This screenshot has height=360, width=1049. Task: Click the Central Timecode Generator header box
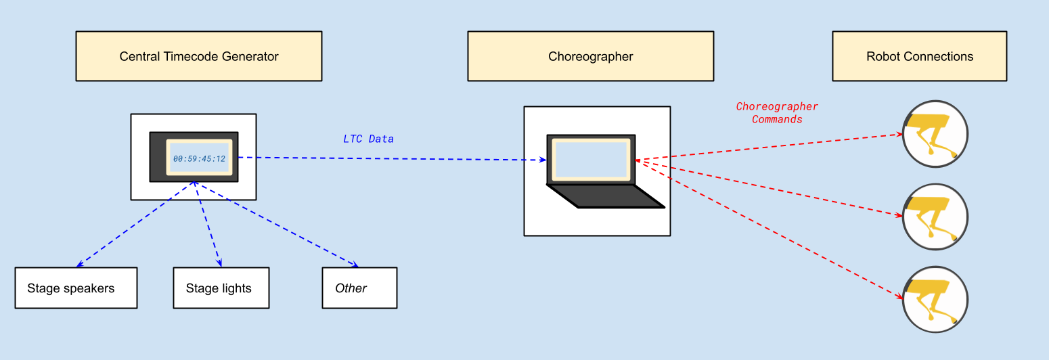click(198, 56)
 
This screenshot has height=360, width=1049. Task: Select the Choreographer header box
click(590, 56)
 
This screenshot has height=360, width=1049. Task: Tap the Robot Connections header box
click(919, 56)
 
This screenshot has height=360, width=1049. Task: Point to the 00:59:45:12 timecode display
click(199, 158)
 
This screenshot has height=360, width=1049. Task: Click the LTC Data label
click(368, 139)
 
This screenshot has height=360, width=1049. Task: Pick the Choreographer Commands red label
click(777, 113)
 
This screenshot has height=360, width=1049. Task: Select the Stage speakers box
click(76, 288)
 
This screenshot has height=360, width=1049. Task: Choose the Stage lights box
click(221, 288)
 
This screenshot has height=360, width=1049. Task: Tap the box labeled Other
click(359, 288)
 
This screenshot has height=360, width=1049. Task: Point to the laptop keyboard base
click(606, 196)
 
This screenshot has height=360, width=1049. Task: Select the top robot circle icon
click(935, 134)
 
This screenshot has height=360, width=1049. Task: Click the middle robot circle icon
click(935, 217)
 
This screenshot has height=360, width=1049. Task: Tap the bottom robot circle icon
click(935, 299)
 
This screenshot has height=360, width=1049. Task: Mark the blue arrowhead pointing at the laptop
click(543, 160)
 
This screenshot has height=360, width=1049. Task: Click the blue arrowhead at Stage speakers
click(79, 265)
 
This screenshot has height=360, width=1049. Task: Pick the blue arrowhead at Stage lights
click(219, 263)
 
